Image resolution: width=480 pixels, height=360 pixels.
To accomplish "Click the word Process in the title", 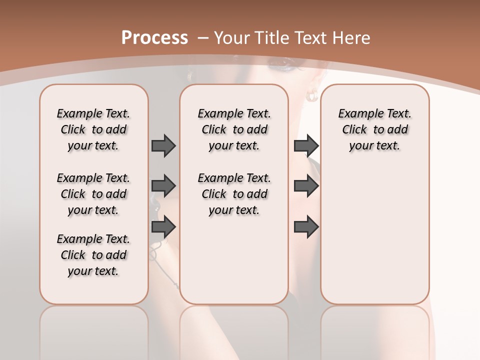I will pyautogui.click(x=154, y=38).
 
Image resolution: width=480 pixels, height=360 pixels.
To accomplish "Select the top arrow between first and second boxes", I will pyautogui.click(x=163, y=146).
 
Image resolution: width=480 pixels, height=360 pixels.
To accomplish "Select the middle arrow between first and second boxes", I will pyautogui.click(x=163, y=186).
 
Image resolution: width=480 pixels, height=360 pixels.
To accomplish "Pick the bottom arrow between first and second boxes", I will pyautogui.click(x=163, y=227).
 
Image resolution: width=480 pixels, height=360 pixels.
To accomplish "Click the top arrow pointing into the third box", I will pyautogui.click(x=306, y=146).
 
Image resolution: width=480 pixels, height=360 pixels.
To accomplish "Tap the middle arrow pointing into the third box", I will pyautogui.click(x=306, y=186).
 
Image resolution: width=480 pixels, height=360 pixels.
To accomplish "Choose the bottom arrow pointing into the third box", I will pyautogui.click(x=306, y=227).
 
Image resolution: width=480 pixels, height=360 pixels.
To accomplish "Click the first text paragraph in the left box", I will pyautogui.click(x=93, y=129).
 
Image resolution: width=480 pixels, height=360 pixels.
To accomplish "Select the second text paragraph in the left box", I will pyautogui.click(x=93, y=194).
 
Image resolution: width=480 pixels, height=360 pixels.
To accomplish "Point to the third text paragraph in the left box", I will pyautogui.click(x=93, y=255).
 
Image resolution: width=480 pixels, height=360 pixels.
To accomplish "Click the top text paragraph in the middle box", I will pyautogui.click(x=234, y=129).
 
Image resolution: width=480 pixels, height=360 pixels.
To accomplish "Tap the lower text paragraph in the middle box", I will pyautogui.click(x=234, y=194).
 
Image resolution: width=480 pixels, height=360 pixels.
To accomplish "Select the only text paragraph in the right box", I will pyautogui.click(x=374, y=129).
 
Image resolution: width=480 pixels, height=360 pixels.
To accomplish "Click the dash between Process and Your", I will pyautogui.click(x=203, y=38).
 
